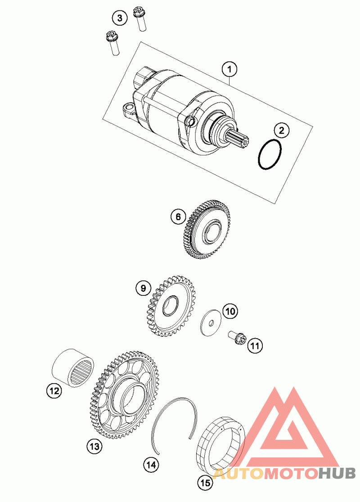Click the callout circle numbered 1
229,69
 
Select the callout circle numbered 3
120,18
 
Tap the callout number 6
178,217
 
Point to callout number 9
143,288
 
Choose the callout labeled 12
54,391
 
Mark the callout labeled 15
205,483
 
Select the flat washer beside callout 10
211,323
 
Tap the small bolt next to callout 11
237,338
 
